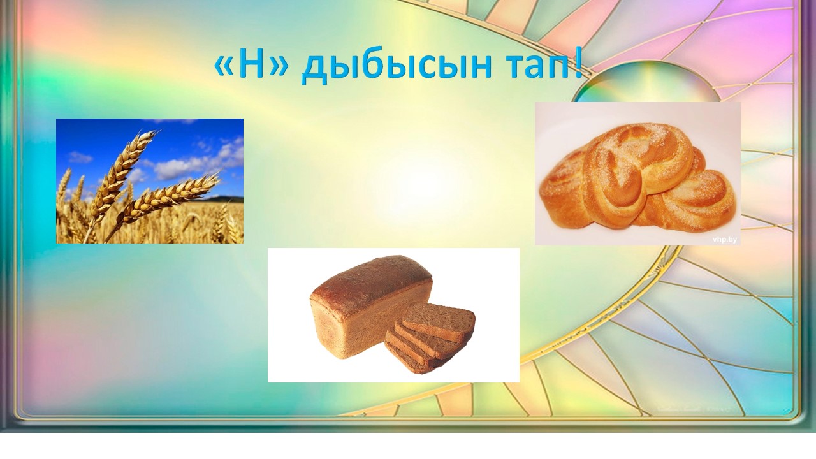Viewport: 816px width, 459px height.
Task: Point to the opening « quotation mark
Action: coord(224,68)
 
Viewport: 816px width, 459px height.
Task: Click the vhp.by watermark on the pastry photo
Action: coord(724,239)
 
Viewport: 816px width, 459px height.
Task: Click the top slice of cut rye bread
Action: coord(440,321)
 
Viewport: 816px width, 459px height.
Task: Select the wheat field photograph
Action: coord(150,180)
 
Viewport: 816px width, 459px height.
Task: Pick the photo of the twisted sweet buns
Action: coord(637,173)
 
